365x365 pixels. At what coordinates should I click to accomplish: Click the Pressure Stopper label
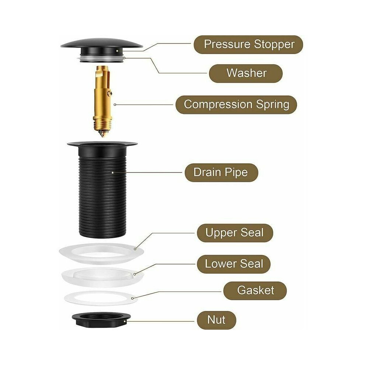point(248,45)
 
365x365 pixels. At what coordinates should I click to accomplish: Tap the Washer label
point(246,73)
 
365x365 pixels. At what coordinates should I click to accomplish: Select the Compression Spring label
point(236,104)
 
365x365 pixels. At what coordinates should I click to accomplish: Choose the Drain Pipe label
point(221,173)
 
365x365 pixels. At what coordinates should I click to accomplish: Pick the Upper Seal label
point(235,233)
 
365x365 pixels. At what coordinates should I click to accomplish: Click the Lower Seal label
point(234,264)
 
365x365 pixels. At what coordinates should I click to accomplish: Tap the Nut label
point(216,320)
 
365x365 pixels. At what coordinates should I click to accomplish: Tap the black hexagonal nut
point(101,320)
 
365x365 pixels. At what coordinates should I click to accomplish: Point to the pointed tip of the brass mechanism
point(102,136)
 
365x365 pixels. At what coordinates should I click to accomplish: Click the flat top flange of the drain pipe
point(102,144)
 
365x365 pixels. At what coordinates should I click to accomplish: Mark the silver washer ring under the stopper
point(102,58)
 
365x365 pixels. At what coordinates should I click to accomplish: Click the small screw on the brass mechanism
point(110,93)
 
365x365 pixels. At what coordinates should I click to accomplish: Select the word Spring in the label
point(272,104)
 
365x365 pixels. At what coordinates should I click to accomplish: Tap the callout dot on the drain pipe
point(113,173)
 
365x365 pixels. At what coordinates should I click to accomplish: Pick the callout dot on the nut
point(125,321)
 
